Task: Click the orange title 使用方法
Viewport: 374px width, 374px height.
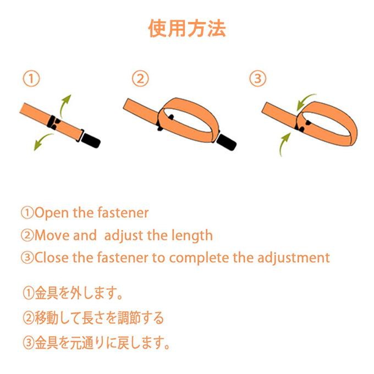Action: point(187,29)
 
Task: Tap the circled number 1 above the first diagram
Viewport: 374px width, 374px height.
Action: point(31,79)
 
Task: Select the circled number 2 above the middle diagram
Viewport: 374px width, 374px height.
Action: point(140,79)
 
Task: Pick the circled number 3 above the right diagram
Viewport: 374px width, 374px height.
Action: point(257,79)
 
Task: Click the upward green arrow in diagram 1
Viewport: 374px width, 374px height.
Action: point(63,105)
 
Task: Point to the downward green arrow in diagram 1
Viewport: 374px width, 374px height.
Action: point(42,140)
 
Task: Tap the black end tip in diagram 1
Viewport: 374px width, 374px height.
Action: point(91,140)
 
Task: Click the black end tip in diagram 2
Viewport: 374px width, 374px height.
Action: point(227,142)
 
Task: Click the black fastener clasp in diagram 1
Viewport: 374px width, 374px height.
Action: point(54,122)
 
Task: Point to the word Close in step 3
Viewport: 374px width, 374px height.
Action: point(51,257)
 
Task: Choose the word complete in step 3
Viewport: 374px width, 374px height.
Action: point(199,258)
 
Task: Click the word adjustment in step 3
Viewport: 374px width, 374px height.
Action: point(294,258)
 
